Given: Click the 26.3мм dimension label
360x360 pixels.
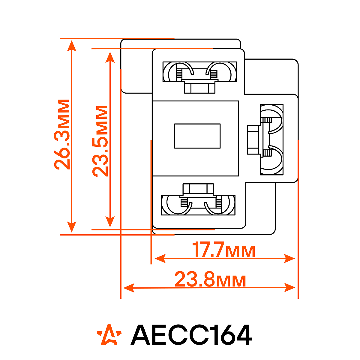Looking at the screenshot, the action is tap(62, 134).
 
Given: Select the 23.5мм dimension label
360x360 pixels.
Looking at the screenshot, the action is tap(100, 141).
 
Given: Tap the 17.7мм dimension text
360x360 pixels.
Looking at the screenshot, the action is tap(223, 250).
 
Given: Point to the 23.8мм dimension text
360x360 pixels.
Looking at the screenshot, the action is tap(210, 279).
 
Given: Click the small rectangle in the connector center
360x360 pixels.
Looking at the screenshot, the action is tap(197, 136).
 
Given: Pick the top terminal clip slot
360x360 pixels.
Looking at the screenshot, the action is tap(200, 72).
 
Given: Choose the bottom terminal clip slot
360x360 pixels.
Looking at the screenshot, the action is tap(198, 205).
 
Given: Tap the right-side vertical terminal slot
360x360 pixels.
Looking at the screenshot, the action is tap(272, 140).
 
